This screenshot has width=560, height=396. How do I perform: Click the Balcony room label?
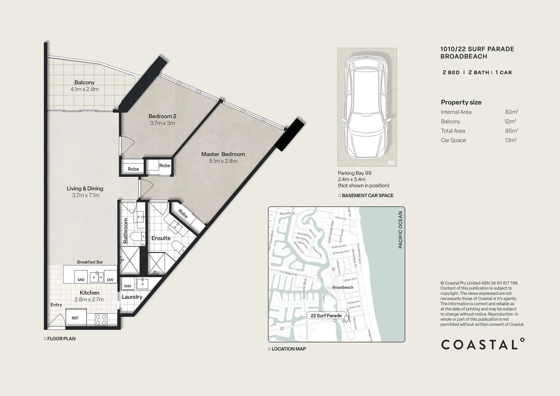point(84,82)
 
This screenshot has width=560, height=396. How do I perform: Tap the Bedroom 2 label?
point(162,116)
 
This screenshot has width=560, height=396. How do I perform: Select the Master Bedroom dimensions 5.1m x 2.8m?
point(223,161)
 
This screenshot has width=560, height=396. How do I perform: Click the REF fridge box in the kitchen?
point(76,318)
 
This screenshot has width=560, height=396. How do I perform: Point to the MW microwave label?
point(81,280)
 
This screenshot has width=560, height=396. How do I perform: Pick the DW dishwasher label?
point(110,280)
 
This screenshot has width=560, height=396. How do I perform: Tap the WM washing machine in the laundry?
point(127,286)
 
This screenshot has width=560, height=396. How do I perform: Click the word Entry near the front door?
point(56,305)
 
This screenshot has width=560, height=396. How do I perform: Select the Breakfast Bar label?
point(90,262)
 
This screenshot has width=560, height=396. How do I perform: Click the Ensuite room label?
point(161,238)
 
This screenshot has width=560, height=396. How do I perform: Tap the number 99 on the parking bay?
point(391,162)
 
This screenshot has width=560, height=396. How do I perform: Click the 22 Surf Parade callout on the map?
point(326,316)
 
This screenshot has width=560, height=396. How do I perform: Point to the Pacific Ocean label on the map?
point(400,230)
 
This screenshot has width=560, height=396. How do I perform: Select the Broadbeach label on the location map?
point(343,287)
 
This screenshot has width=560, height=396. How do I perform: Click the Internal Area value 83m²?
point(511,112)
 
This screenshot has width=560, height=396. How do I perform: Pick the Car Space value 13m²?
point(510,140)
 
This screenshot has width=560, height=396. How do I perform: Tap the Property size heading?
point(461,102)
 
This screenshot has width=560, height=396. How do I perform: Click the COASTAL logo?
point(482,344)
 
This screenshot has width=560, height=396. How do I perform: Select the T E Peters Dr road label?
point(288,274)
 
